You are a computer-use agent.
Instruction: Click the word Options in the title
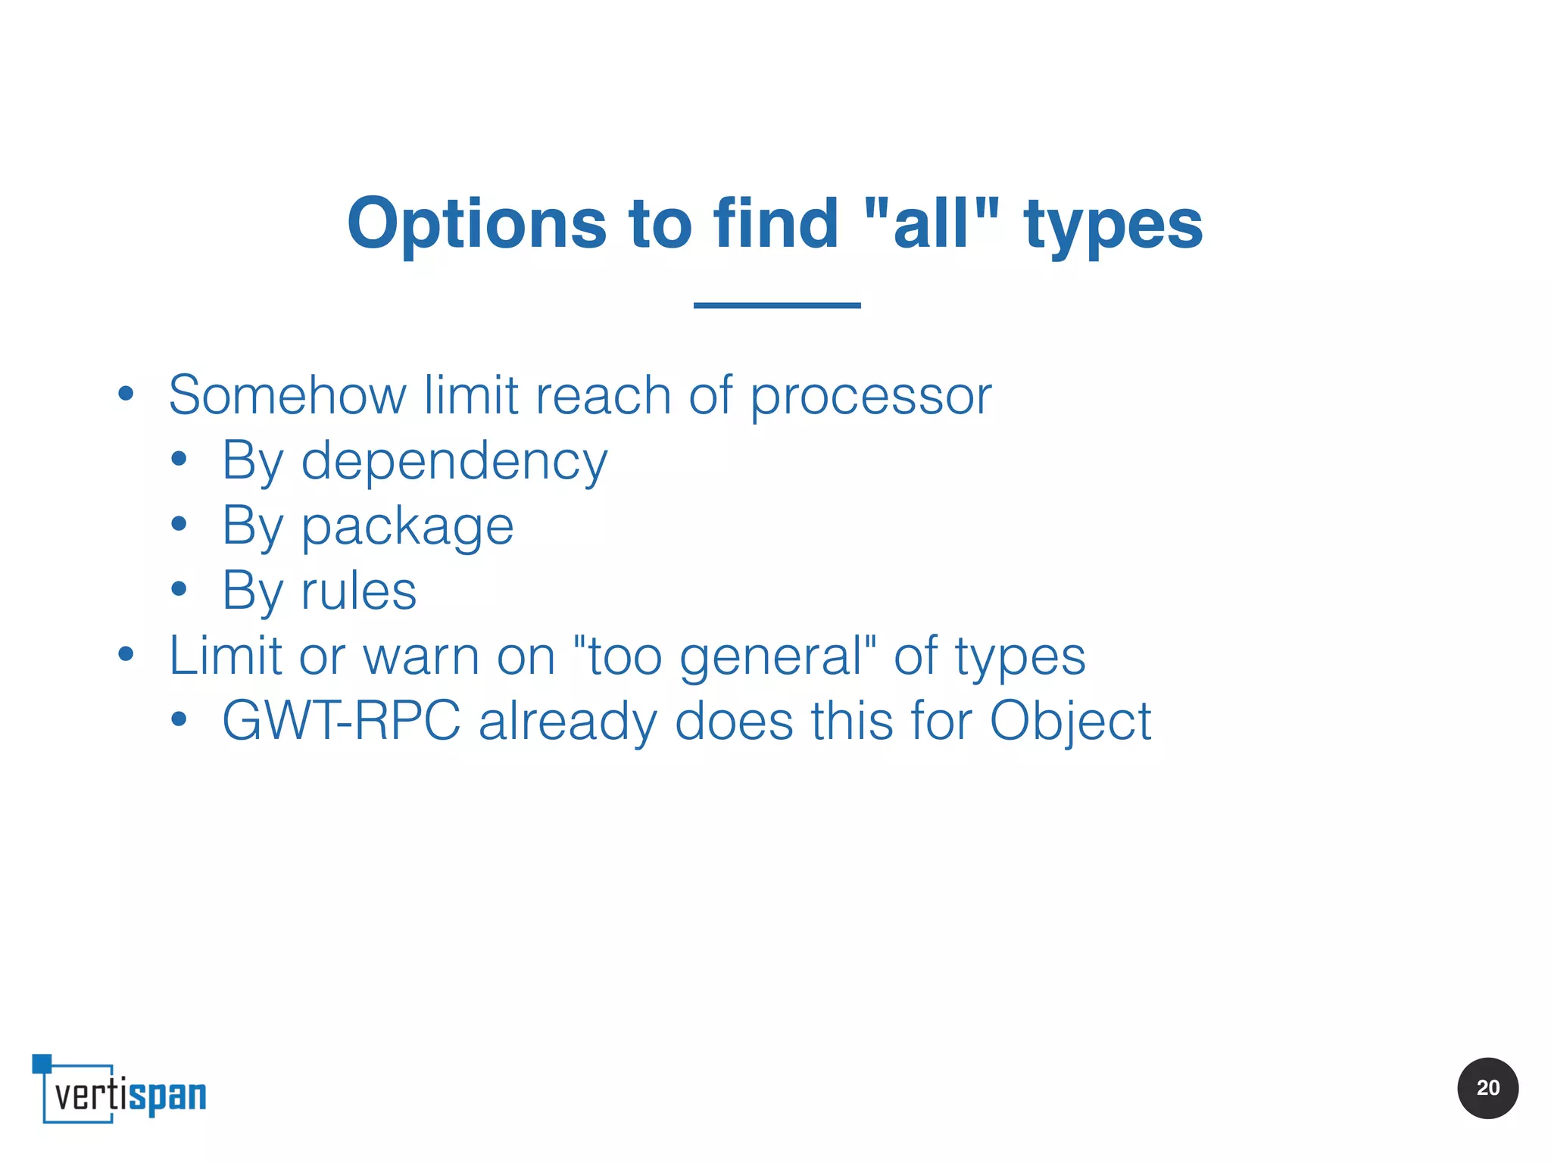477,223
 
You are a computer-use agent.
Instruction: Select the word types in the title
1113,226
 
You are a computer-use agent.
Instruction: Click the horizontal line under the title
777,305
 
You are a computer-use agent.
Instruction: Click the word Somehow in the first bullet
287,395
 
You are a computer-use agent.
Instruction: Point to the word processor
870,397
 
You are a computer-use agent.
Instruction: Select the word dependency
454,462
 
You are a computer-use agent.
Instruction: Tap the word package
407,527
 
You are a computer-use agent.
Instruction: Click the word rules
358,591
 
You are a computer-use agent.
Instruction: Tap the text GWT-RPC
341,721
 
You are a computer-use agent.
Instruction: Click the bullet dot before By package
179,523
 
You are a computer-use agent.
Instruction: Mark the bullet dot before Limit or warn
126,653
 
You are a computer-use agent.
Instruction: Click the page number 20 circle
1487,1088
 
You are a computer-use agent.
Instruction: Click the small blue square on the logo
42,1063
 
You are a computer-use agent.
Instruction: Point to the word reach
603,395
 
